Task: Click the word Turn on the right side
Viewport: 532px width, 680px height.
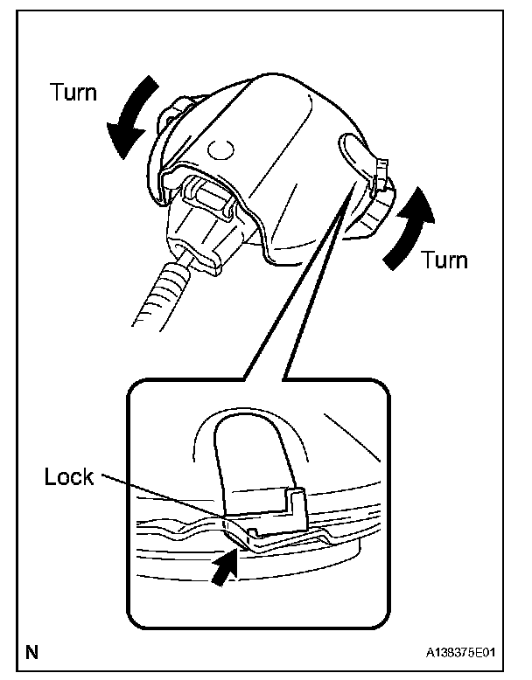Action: (x=444, y=260)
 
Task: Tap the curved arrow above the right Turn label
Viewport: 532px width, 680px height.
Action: (x=411, y=223)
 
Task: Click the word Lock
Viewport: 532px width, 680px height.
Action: (x=69, y=477)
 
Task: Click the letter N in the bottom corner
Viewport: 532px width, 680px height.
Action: (x=32, y=652)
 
